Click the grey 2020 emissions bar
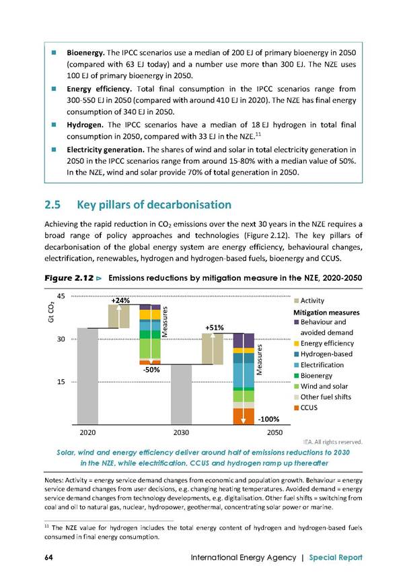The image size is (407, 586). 87,377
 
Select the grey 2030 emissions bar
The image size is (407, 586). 181,395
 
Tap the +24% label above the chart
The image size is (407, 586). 120,300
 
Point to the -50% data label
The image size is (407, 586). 151,370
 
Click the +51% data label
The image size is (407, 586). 215,328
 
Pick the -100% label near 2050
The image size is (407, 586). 268,420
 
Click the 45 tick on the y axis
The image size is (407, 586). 61,296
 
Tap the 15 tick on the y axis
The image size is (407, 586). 61,382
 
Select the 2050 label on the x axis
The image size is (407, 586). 275,432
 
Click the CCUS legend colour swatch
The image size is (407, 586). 297,408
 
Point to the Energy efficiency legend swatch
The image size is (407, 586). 297,344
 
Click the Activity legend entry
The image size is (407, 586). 309,301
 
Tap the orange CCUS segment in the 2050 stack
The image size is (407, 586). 244,416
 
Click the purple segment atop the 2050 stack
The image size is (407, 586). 244,340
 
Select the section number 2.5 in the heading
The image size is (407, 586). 52,205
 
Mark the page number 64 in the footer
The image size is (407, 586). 48,557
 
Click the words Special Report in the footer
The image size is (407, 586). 336,558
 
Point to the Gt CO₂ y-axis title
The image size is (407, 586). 51,313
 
